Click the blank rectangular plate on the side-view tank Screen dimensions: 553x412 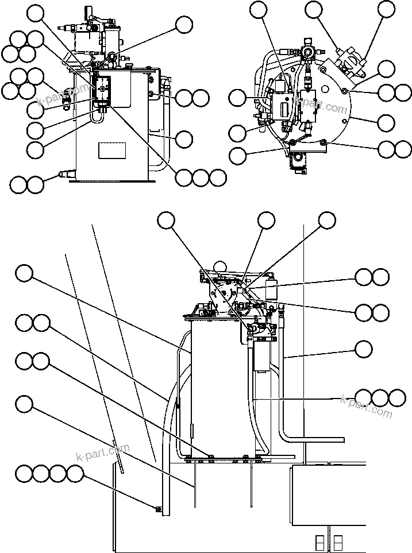click(x=111, y=150)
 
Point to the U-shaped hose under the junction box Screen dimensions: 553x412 click(x=95, y=118)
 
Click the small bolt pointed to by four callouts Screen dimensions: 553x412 click(x=158, y=508)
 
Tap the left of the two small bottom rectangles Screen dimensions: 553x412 click(x=319, y=542)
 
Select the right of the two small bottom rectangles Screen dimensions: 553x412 click(x=338, y=542)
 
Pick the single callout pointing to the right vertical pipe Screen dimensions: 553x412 click(x=363, y=349)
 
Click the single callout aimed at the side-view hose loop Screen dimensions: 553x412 click(x=184, y=138)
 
